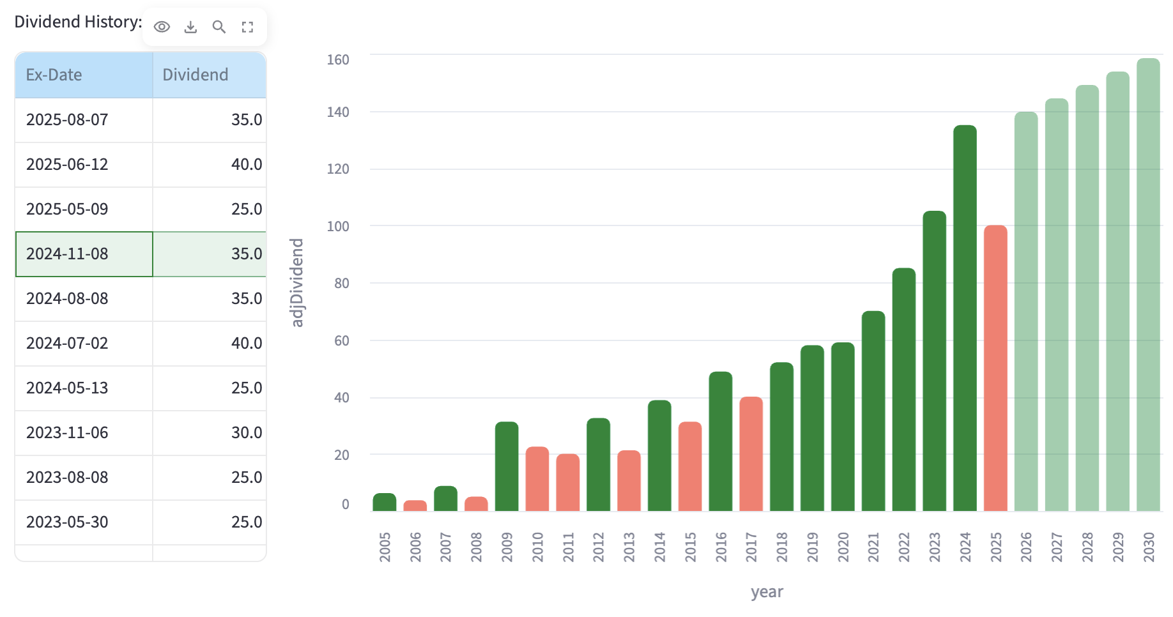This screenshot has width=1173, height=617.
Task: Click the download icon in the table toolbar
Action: pyautogui.click(x=190, y=27)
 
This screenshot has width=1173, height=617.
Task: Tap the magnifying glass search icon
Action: pyautogui.click(x=219, y=27)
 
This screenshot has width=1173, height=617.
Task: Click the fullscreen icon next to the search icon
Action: pyautogui.click(x=247, y=27)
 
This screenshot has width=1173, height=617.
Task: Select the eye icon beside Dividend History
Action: pyautogui.click(x=162, y=27)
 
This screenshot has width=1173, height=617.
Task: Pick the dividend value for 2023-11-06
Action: pyautogui.click(x=246, y=433)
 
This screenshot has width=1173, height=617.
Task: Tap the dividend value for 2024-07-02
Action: pyautogui.click(x=246, y=344)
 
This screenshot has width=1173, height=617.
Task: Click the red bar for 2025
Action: pyautogui.click(x=995, y=369)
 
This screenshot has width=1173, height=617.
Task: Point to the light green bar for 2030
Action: pyautogui.click(x=1148, y=285)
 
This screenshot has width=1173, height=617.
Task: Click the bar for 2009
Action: pyautogui.click(x=507, y=466)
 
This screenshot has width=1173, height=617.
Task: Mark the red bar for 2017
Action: pyautogui.click(x=751, y=454)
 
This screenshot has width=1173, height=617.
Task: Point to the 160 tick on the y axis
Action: pyautogui.click(x=338, y=60)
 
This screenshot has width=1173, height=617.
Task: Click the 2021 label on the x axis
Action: pyautogui.click(x=873, y=547)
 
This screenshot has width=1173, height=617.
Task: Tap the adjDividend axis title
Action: pyautogui.click(x=297, y=282)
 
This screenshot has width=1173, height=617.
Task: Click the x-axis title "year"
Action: pyautogui.click(x=767, y=592)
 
